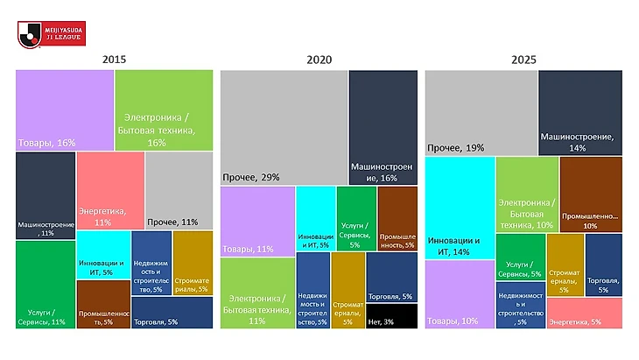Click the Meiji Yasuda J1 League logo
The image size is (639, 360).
(x=42, y=32)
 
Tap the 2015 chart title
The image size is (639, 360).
(x=115, y=60)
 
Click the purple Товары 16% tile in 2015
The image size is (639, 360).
(x=64, y=109)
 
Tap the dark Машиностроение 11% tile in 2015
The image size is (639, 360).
(x=45, y=194)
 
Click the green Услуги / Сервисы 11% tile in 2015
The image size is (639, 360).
(x=45, y=284)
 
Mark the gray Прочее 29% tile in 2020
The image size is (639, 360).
(x=284, y=127)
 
